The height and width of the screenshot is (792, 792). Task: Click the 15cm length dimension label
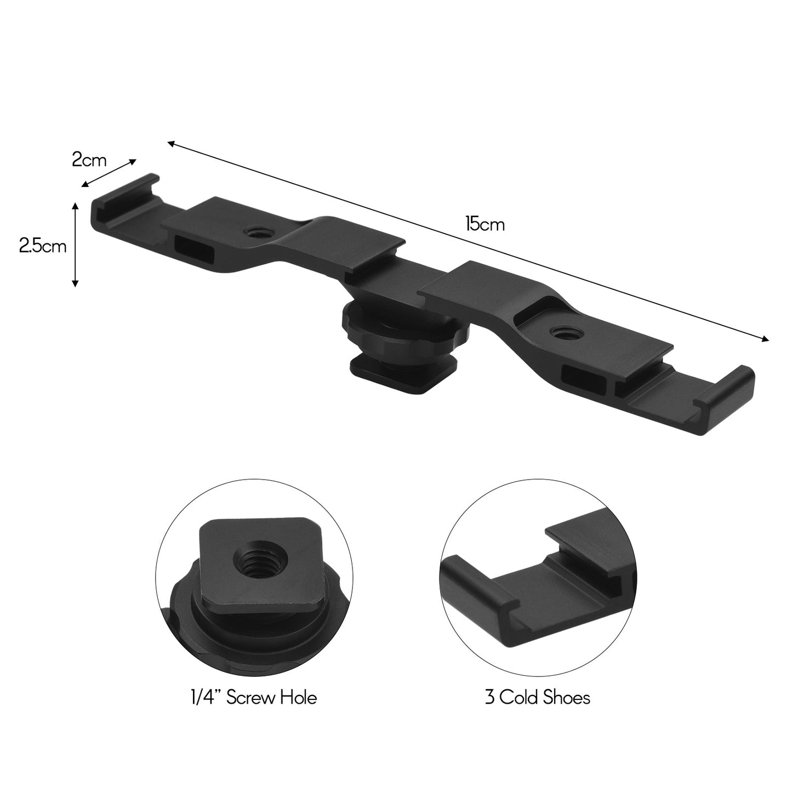(x=485, y=225)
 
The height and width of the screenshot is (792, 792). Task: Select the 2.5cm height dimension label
(x=43, y=246)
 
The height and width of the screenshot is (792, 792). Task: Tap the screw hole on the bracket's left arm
(x=253, y=233)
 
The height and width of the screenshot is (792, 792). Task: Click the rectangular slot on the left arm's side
(x=193, y=246)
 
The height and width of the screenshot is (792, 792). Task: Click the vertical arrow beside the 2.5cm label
(x=76, y=244)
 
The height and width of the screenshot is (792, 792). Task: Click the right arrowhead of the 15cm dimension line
(x=766, y=339)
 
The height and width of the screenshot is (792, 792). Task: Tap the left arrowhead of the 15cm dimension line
(x=171, y=144)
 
